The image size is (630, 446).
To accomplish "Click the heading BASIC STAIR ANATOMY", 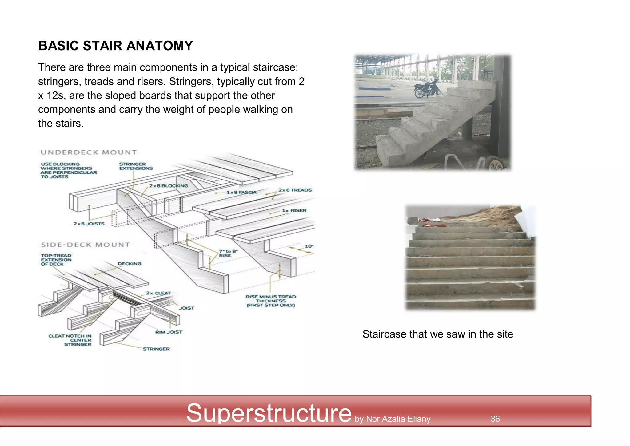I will pyautogui.click(x=115, y=46).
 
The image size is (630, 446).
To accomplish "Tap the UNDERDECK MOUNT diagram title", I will pyautogui.click(x=89, y=152).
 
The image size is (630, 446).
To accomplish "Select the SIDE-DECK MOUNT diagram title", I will pyautogui.click(x=86, y=245).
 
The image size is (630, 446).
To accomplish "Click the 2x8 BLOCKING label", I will pyautogui.click(x=169, y=186).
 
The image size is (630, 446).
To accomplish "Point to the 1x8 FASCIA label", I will pyautogui.click(x=241, y=193).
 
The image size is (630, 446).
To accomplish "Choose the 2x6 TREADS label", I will pyautogui.click(x=295, y=190).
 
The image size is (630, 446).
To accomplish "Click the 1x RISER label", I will pyautogui.click(x=294, y=211).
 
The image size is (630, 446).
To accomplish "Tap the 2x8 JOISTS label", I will pyautogui.click(x=89, y=224).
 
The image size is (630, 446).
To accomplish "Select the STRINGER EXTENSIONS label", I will pyautogui.click(x=136, y=166).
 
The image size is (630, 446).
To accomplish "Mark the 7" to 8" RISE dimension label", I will pyautogui.click(x=228, y=253).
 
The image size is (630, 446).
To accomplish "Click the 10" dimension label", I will pyautogui.click(x=309, y=246).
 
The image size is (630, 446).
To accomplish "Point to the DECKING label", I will pyautogui.click(x=130, y=264).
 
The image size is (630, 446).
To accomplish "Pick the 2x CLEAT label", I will pyautogui.click(x=158, y=293).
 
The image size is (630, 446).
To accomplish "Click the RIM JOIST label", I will pyautogui.click(x=169, y=332).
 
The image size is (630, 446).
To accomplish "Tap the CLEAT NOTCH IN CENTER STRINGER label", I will pyautogui.click(x=70, y=340).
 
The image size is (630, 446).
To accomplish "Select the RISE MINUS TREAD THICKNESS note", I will pyautogui.click(x=271, y=301).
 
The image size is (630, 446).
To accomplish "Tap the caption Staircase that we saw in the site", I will pyautogui.click(x=438, y=334).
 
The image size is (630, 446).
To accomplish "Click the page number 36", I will pyautogui.click(x=495, y=419).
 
